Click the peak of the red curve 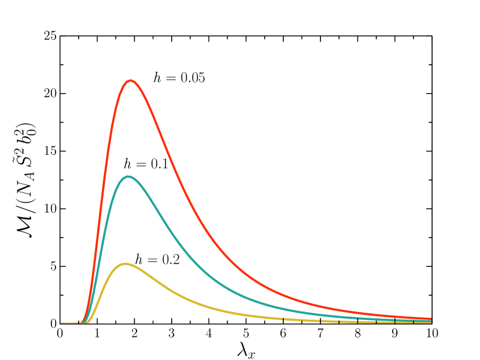[x=131, y=81]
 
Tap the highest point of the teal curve [x=128, y=177]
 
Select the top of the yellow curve [x=125, y=264]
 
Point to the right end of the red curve [x=430, y=318]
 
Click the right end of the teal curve [x=430, y=321]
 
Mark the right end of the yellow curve [x=430, y=322]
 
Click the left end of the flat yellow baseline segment [x=62, y=323]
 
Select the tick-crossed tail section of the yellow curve [x=347, y=321]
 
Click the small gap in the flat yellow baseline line [x=75, y=323]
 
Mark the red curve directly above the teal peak [x=128, y=81]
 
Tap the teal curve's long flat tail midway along [x=347, y=316]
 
